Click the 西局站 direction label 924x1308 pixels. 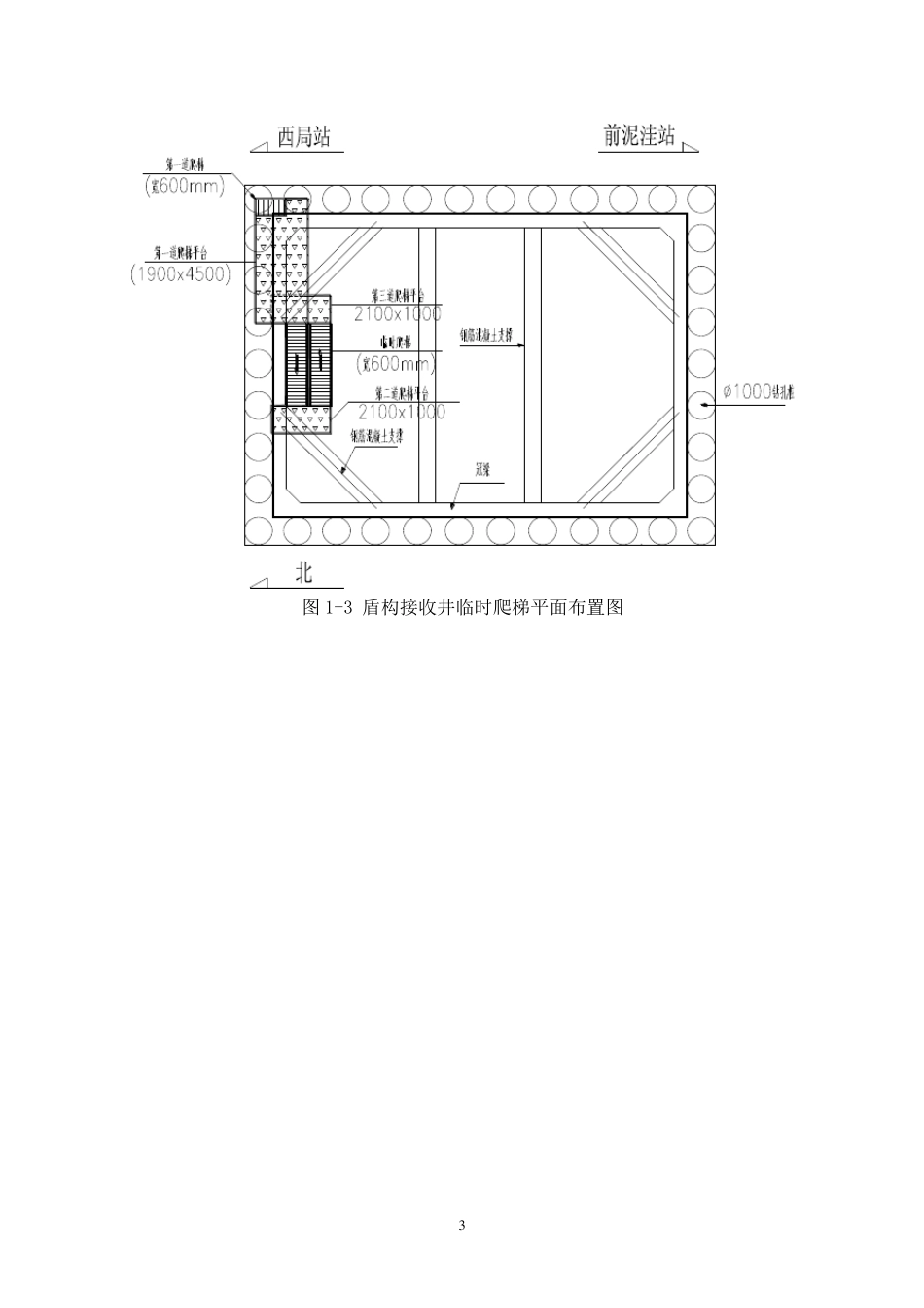[303, 137]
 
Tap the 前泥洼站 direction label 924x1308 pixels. [639, 136]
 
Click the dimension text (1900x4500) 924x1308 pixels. [182, 274]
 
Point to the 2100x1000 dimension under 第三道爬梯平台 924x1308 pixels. [397, 313]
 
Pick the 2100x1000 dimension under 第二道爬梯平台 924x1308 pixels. [401, 412]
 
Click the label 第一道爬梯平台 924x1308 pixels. [181, 252]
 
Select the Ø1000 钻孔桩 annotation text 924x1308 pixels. [759, 392]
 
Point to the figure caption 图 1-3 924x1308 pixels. [462, 608]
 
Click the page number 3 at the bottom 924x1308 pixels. [462, 1225]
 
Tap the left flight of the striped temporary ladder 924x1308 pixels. [297, 364]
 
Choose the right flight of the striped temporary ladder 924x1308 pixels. [320, 364]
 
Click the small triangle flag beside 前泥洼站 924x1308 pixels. [691, 148]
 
